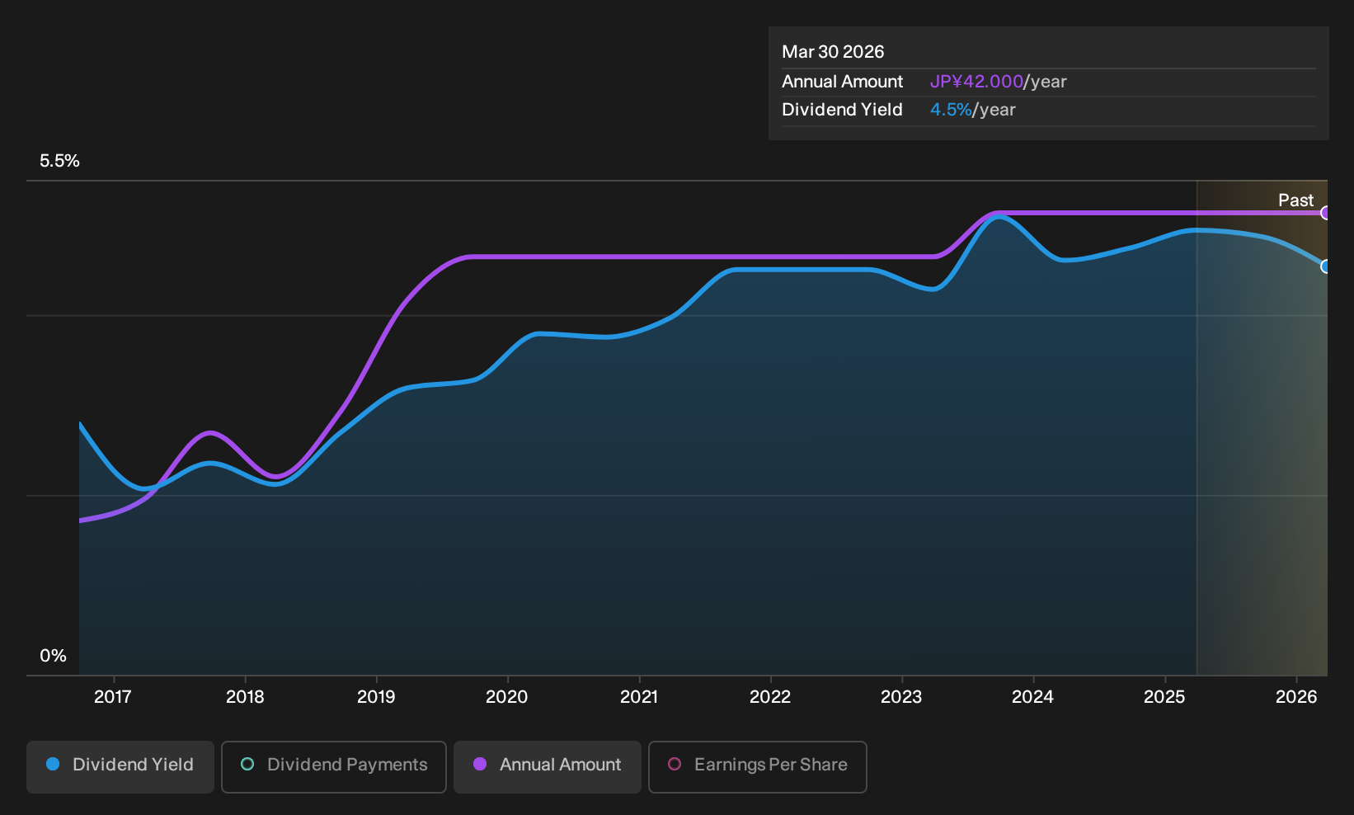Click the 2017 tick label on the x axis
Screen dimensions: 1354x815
point(113,697)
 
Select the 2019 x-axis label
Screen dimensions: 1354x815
point(376,697)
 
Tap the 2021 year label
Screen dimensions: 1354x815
point(639,697)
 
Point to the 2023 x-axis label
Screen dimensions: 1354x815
point(901,697)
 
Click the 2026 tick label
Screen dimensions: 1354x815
point(1296,697)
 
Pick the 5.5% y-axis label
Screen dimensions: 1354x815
point(59,161)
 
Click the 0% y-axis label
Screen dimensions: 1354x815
point(54,656)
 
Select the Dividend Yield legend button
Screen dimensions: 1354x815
point(120,766)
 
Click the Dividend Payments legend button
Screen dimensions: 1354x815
point(334,766)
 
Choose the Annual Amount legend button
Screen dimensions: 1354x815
point(547,766)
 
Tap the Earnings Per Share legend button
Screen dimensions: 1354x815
point(757,766)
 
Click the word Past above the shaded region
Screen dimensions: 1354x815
point(1295,200)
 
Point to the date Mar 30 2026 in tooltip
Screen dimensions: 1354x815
point(832,52)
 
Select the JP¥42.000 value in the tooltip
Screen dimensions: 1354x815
point(976,82)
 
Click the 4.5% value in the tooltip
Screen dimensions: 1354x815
point(950,110)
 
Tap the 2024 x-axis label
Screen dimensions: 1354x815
point(1033,697)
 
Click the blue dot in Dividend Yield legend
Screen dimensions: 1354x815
point(54,764)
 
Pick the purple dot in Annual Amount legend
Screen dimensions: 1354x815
point(480,764)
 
